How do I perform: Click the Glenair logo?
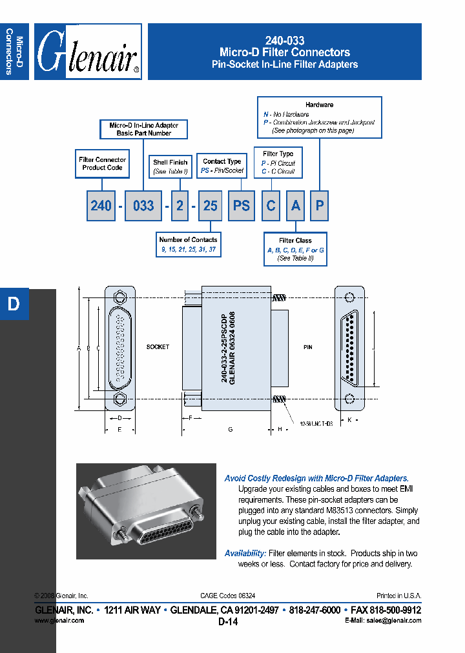(x=88, y=52)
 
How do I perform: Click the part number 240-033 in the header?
(x=285, y=40)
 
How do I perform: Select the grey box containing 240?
(x=101, y=206)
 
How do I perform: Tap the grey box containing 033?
(x=143, y=206)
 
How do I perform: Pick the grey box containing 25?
(x=210, y=206)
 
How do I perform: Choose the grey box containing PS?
(x=241, y=206)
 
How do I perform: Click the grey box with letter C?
(x=271, y=206)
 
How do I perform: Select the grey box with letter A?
(x=295, y=206)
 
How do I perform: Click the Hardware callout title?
(x=319, y=105)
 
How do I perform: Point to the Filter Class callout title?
(x=295, y=241)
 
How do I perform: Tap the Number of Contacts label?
(x=188, y=239)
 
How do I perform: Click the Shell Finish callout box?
(x=170, y=167)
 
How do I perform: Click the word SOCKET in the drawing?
(x=158, y=347)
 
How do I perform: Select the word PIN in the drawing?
(x=308, y=347)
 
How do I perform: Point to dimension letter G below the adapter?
(x=231, y=429)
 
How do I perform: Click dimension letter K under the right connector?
(x=349, y=420)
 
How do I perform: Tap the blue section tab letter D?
(x=14, y=304)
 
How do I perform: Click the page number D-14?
(x=228, y=622)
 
